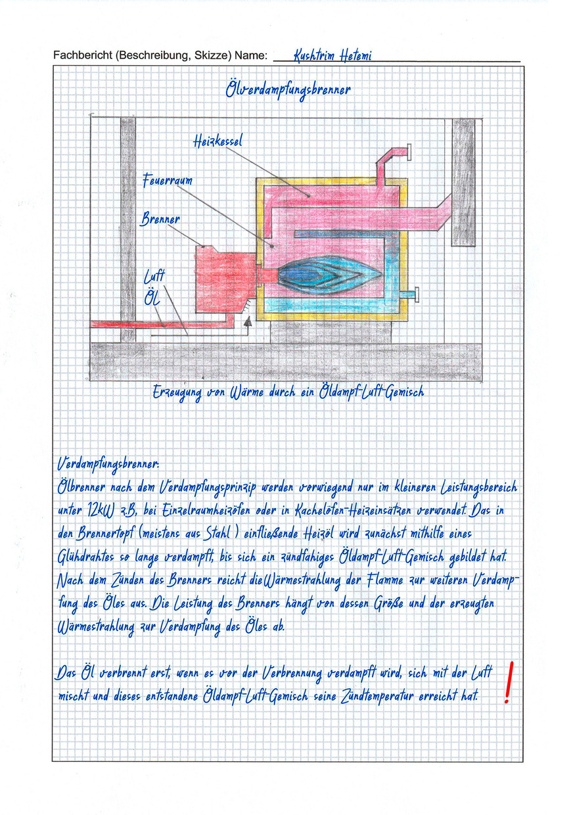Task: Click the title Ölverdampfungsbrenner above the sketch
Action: pyautogui.click(x=288, y=91)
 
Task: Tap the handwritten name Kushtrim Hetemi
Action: pyautogui.click(x=332, y=56)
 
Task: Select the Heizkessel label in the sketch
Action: pyautogui.click(x=218, y=141)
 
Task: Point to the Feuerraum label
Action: pyautogui.click(x=168, y=180)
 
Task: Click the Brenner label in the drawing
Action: pyautogui.click(x=160, y=219)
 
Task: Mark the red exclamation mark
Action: pyautogui.click(x=507, y=682)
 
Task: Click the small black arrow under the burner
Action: pyautogui.click(x=248, y=322)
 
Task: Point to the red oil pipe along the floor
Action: pyautogui.click(x=158, y=323)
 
